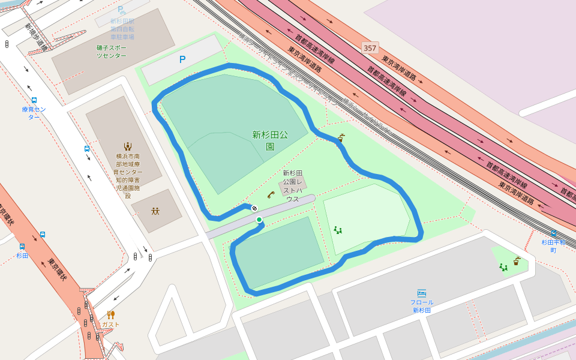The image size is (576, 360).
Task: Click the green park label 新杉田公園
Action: click(x=270, y=140)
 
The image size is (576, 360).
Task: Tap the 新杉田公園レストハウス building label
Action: click(x=293, y=186)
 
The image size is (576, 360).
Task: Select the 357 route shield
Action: click(x=370, y=47)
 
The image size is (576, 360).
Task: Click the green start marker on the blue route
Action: click(x=259, y=220)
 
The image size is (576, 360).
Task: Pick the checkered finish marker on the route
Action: click(x=254, y=208)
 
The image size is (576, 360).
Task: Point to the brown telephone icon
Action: click(x=271, y=194)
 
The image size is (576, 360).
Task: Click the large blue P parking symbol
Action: click(x=182, y=59)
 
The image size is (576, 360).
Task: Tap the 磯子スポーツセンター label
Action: click(x=112, y=52)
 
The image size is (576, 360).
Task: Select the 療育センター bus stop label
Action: click(x=34, y=113)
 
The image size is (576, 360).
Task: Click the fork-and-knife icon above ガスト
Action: click(x=111, y=314)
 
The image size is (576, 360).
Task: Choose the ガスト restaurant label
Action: click(x=110, y=325)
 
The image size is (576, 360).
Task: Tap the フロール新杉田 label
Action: click(x=422, y=306)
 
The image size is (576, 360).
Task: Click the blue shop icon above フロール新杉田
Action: click(x=422, y=293)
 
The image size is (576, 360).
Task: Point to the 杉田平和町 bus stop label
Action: click(x=553, y=246)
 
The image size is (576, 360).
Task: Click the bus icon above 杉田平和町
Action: click(x=553, y=233)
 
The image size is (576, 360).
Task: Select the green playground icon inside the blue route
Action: click(x=338, y=230)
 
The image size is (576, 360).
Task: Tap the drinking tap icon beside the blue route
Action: click(x=341, y=137)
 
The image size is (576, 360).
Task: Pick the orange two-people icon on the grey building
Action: click(x=155, y=211)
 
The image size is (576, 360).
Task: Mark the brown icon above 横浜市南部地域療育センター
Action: click(x=127, y=146)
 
